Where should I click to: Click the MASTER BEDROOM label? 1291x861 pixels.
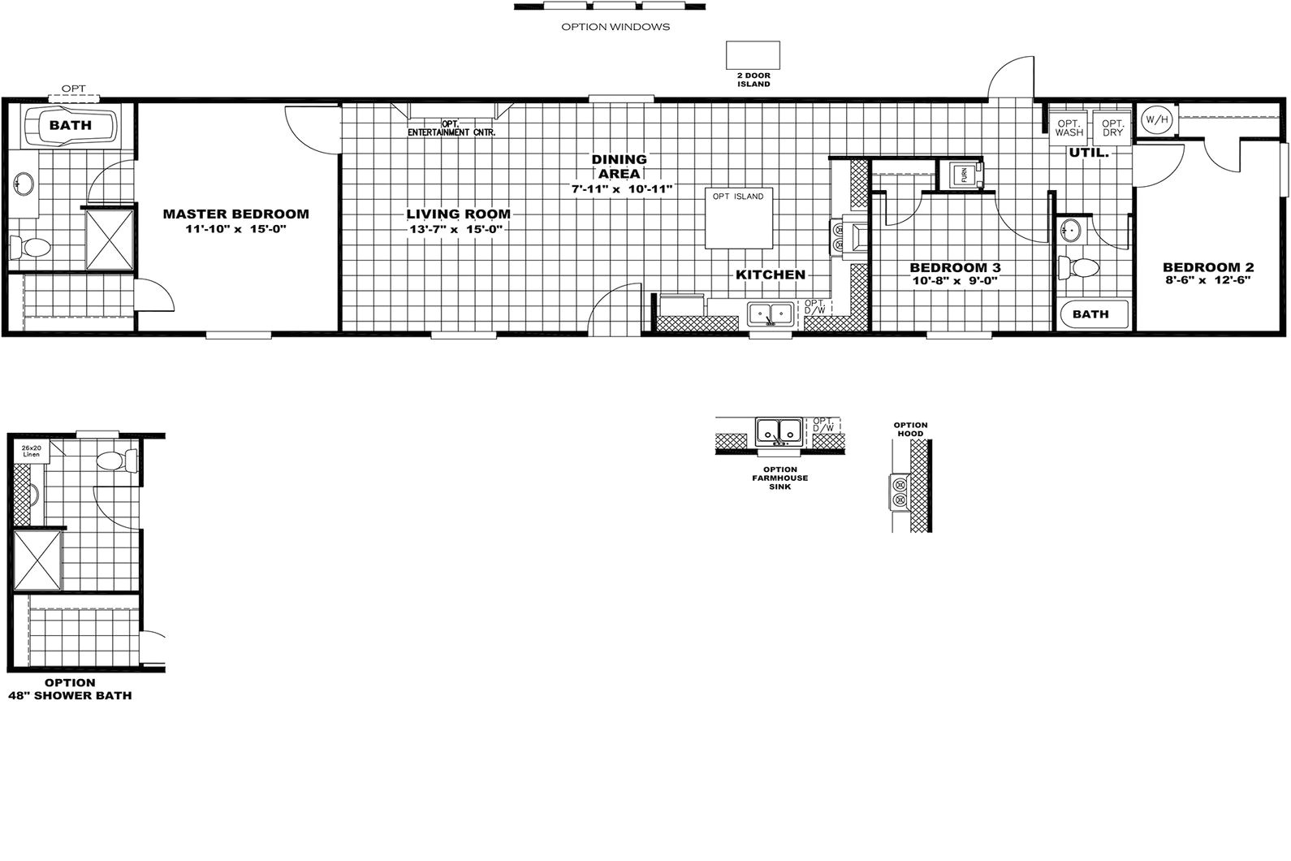point(235,214)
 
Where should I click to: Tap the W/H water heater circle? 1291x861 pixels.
point(1156,119)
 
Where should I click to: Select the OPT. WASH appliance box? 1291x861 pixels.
point(1069,128)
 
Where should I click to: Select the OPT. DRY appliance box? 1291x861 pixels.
point(1112,128)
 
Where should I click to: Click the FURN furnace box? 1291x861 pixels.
point(966,175)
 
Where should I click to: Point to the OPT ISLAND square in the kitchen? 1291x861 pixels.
point(738,218)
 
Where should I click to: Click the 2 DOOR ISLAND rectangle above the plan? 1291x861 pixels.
point(753,56)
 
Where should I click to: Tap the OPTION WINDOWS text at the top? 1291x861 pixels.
point(615,27)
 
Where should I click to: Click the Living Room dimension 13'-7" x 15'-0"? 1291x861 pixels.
point(457,230)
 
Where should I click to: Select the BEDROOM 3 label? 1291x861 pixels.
point(954,267)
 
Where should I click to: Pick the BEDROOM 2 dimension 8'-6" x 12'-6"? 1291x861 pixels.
point(1208,280)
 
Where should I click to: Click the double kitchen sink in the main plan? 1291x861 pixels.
point(771,313)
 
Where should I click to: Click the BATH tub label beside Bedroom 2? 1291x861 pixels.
point(1090,314)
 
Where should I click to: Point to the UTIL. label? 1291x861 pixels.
point(1088,153)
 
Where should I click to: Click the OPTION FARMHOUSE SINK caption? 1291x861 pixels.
point(779,478)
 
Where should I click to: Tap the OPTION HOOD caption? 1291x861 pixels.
point(910,429)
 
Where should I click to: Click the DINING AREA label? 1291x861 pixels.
point(619,167)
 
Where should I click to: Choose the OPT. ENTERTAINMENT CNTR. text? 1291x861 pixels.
point(451,128)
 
